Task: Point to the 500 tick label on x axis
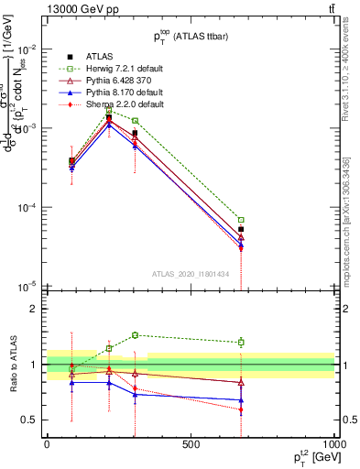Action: coord(191,443)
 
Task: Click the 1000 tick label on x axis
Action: coord(333,443)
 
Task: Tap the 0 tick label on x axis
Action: coord(47,443)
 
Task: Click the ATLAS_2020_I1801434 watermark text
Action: coord(191,273)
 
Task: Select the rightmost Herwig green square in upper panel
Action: coord(241,220)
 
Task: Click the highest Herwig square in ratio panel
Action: coord(135,335)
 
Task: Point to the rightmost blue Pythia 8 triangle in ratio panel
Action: coord(241,400)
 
